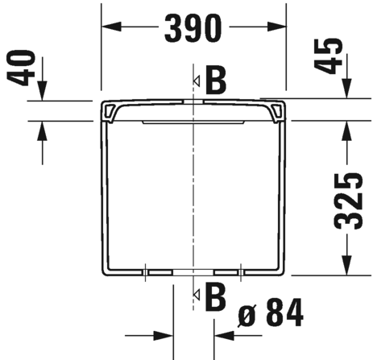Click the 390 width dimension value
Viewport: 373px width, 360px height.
[193, 28]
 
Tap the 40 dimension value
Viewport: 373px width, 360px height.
[21, 68]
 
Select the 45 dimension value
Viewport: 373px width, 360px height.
[328, 56]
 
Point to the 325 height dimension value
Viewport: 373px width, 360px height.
[348, 201]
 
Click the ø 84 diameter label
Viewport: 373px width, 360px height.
[271, 312]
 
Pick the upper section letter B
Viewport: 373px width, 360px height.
[216, 81]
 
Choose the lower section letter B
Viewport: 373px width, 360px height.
[215, 296]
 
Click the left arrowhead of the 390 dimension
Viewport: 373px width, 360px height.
[111, 27]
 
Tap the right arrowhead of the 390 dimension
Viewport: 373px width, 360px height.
[276, 27]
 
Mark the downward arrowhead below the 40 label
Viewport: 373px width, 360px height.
[42, 90]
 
